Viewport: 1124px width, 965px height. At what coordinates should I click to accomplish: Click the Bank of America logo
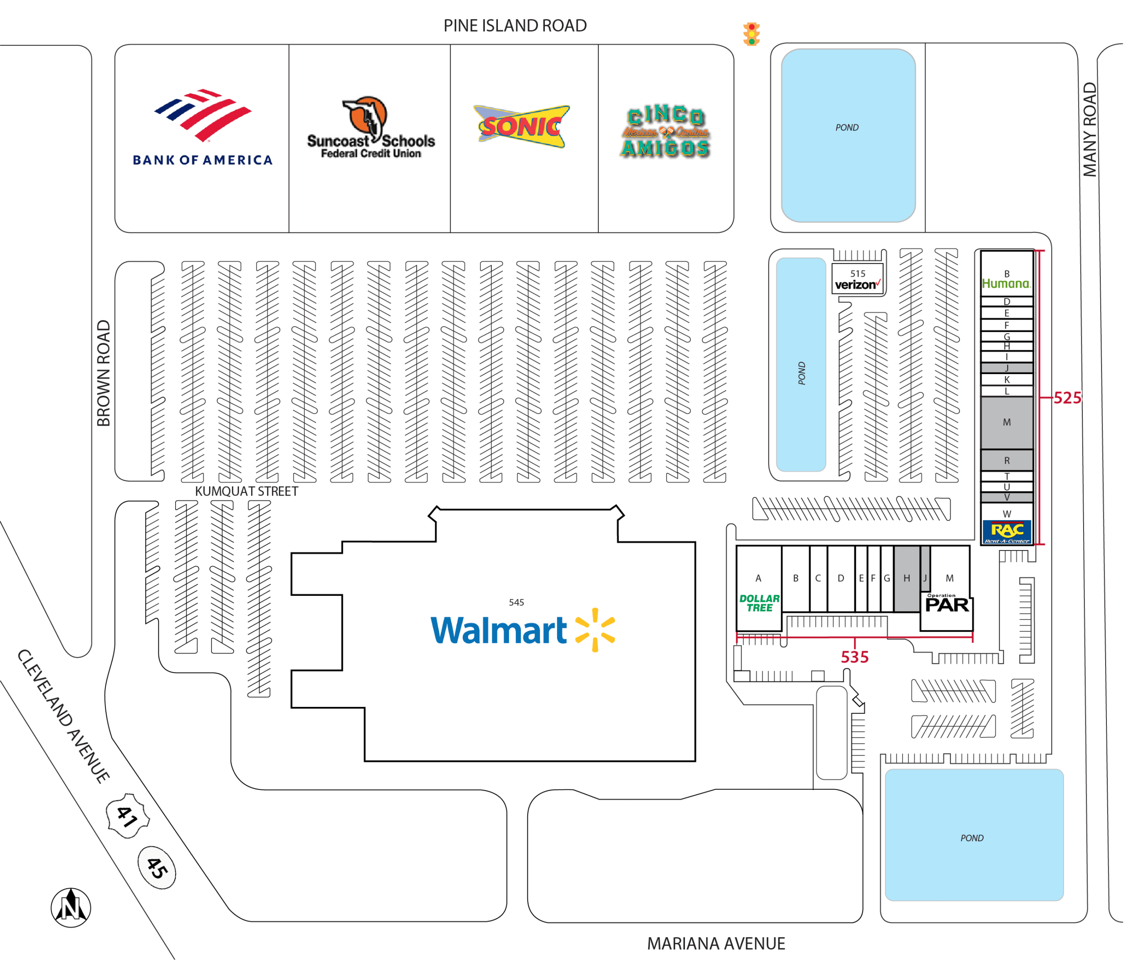click(x=202, y=127)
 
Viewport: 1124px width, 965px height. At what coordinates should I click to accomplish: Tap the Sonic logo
click(x=522, y=126)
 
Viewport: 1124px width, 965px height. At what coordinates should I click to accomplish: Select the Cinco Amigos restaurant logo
click(x=666, y=131)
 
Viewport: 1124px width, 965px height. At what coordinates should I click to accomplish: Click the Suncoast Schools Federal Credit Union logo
click(x=371, y=128)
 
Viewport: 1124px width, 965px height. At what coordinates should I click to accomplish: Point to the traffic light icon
click(x=751, y=34)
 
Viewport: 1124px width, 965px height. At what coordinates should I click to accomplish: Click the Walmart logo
click(x=523, y=630)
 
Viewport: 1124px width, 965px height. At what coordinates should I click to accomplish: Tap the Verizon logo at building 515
click(x=857, y=284)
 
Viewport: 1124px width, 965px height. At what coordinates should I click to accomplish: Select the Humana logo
click(x=1006, y=283)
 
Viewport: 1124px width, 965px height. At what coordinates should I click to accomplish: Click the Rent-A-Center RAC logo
click(x=1007, y=532)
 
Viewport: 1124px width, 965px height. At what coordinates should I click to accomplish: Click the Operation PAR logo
click(x=947, y=603)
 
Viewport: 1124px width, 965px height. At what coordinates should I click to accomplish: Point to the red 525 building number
click(x=1067, y=398)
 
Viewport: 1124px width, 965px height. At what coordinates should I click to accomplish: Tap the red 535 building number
click(x=854, y=657)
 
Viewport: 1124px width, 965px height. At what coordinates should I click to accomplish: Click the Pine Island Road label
click(x=515, y=25)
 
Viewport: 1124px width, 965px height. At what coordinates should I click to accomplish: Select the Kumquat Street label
click(x=246, y=491)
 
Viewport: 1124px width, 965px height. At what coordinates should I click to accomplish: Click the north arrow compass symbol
click(x=71, y=907)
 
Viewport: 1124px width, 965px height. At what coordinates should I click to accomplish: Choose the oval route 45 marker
click(x=157, y=867)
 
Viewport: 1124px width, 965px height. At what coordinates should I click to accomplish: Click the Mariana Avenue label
click(x=716, y=943)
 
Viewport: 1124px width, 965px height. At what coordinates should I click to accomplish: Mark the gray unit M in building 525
click(x=1007, y=422)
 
